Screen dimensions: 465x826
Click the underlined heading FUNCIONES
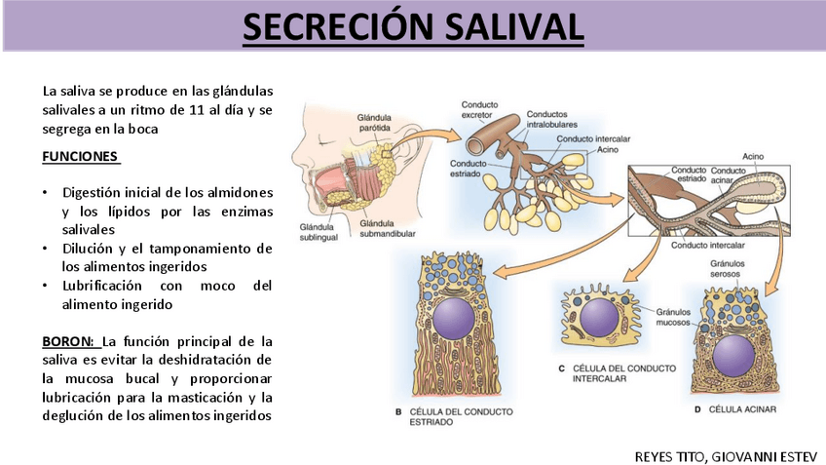click(80, 156)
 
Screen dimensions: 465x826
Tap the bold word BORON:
click(69, 342)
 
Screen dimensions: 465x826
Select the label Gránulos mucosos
click(673, 317)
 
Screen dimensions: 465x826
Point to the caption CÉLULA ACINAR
click(742, 410)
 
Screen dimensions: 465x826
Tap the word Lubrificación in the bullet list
click(102, 286)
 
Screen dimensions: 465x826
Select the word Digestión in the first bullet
click(93, 193)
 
